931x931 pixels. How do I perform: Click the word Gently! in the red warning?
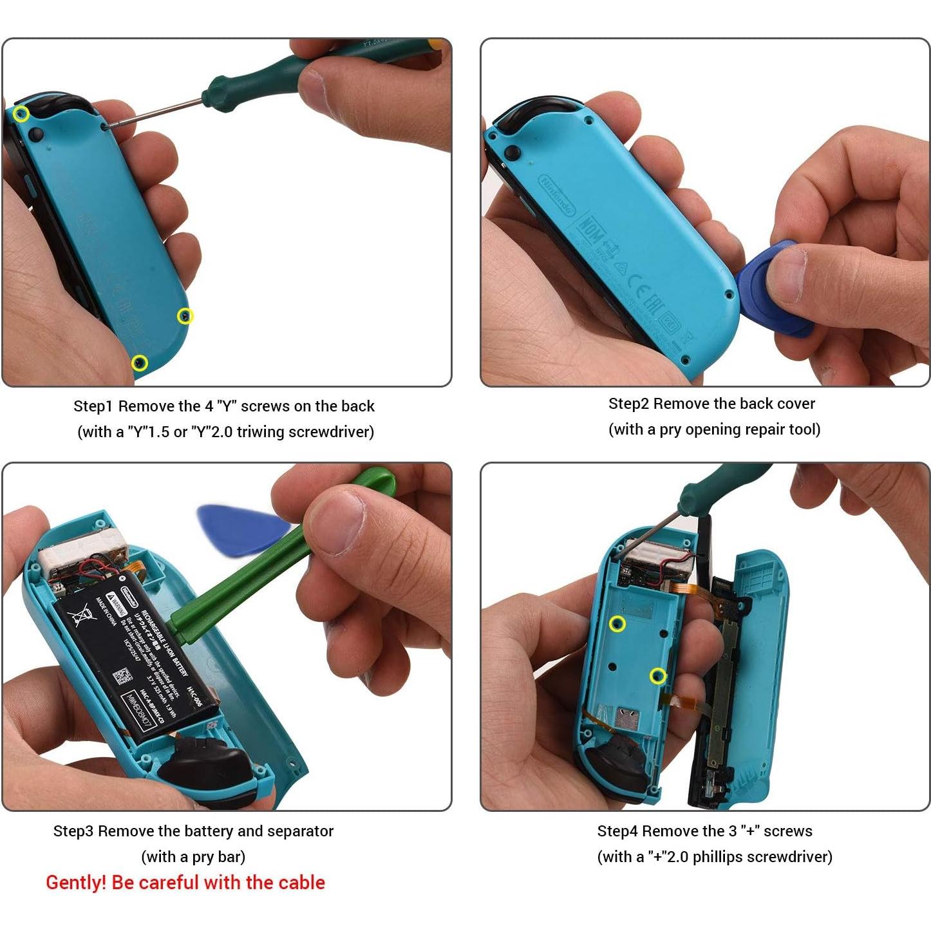(x=76, y=882)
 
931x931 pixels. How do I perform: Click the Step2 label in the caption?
(x=628, y=404)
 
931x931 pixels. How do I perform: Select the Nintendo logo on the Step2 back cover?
(x=557, y=194)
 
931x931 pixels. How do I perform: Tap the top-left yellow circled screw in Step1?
(x=21, y=114)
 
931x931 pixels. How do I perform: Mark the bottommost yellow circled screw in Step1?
(x=140, y=363)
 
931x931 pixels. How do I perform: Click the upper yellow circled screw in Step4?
(x=617, y=624)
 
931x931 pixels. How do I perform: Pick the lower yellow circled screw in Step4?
(x=657, y=675)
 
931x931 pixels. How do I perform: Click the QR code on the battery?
(x=122, y=677)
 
